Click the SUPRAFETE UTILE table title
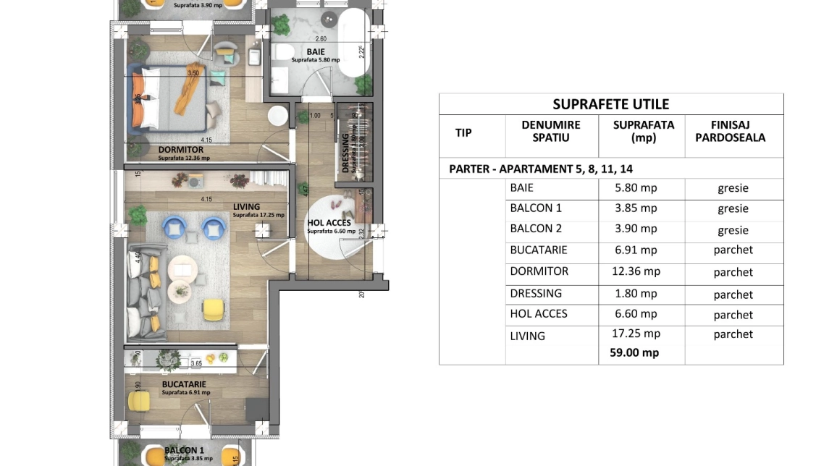tap(610, 104)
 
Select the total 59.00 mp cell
tap(630, 353)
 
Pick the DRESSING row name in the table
tap(536, 293)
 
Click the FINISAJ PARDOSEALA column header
tap(733, 131)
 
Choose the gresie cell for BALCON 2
tap(733, 230)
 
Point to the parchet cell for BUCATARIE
tap(733, 250)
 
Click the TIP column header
tap(463, 132)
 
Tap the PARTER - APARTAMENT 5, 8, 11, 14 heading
tap(540, 169)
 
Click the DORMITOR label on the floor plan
tap(181, 150)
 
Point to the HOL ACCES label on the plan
tap(329, 223)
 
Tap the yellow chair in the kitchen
tap(138, 400)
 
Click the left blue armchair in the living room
tap(176, 227)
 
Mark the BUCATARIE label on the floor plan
tap(184, 384)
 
